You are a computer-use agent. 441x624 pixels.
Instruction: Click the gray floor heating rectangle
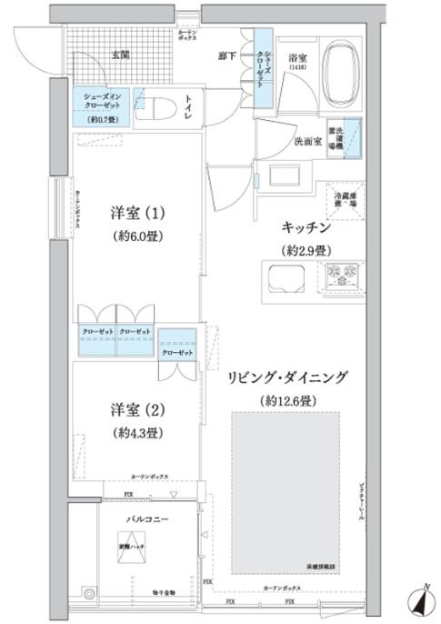[286, 491]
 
